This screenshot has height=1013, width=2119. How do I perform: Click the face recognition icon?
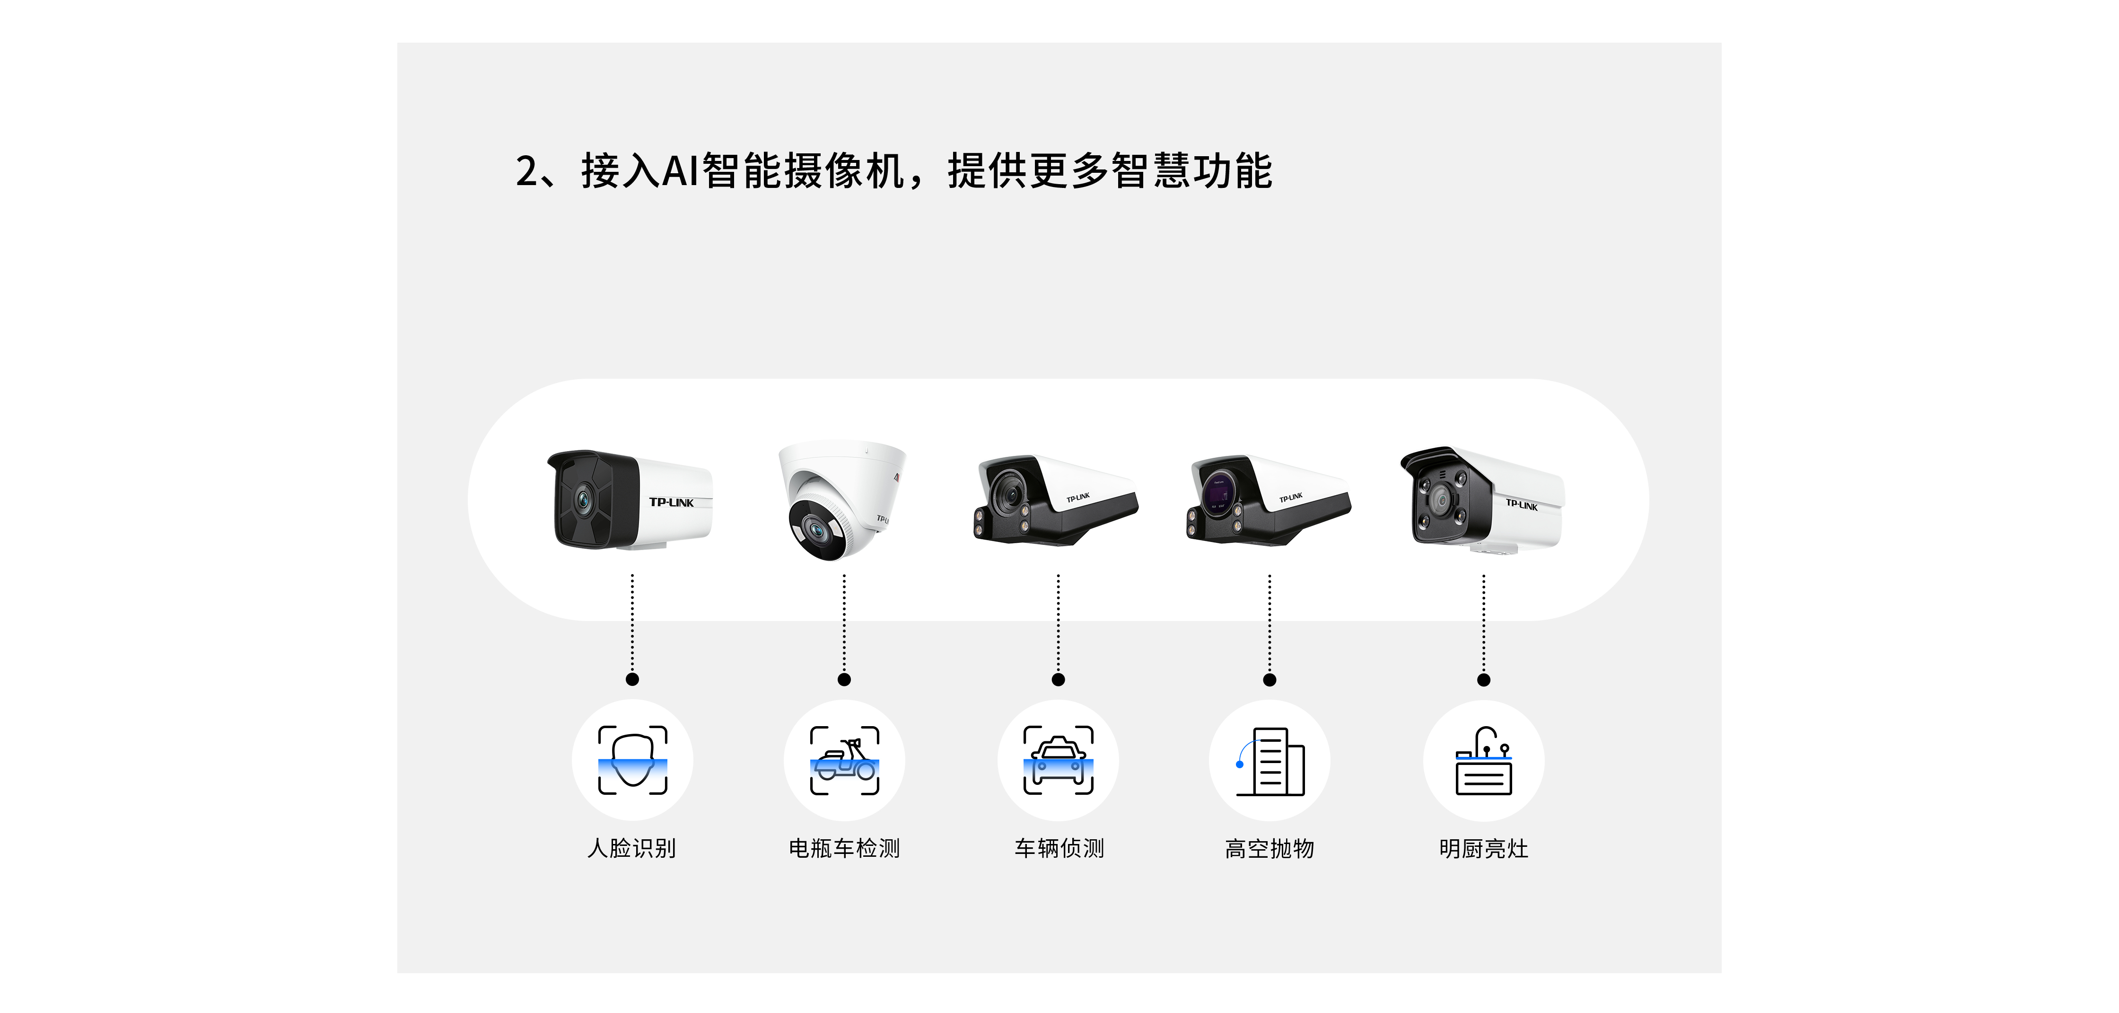click(632, 760)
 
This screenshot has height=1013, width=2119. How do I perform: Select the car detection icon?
click(1058, 760)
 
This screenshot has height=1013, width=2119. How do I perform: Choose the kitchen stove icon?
click(1483, 760)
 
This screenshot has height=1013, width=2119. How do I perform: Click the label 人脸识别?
click(632, 848)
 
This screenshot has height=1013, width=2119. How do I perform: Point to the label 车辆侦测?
click(1059, 848)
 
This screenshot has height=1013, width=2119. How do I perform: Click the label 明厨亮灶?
click(1483, 848)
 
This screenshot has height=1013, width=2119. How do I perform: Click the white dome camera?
click(841, 498)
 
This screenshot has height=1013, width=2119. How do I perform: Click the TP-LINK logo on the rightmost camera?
click(1521, 505)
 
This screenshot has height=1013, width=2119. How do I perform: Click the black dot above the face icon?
click(632, 679)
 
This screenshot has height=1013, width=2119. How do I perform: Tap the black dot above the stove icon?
click(1483, 680)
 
